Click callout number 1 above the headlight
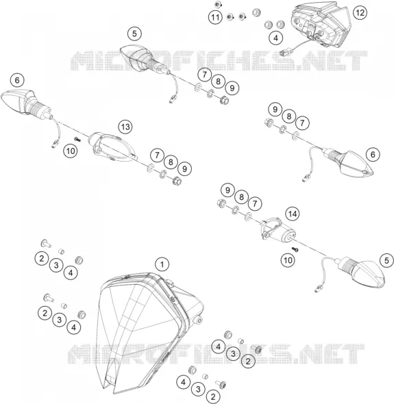coord(162,264)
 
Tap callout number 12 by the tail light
coord(360,12)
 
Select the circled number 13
coord(125,127)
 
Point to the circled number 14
coord(292,214)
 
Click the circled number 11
coord(215,17)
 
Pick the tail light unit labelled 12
coord(321,26)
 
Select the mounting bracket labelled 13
coord(112,147)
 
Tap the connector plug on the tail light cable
coord(284,53)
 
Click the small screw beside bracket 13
coord(77,139)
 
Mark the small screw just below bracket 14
coord(295,249)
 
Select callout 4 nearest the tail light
coord(275,38)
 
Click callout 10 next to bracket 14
coord(288,260)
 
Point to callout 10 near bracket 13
coord(71,151)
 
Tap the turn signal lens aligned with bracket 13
coord(26,103)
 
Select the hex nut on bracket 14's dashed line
coord(221,203)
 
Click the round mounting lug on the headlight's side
coord(199,320)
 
